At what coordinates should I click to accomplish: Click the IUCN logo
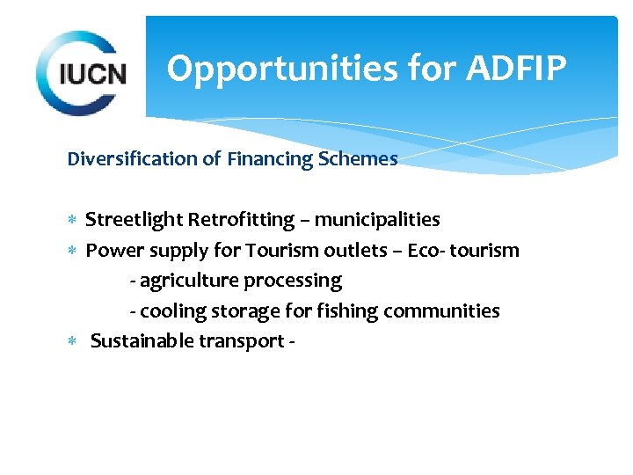point(80,71)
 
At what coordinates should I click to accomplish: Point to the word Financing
point(266,159)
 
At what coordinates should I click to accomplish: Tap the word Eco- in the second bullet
point(426,250)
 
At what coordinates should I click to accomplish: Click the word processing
point(293,281)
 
